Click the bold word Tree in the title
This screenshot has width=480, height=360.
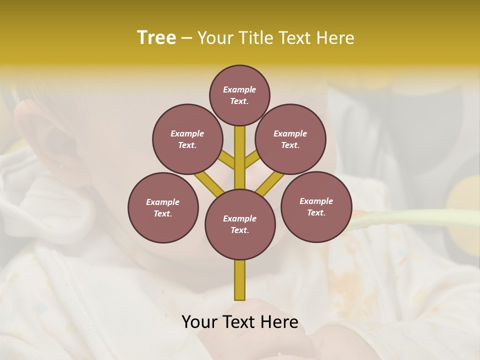[156, 37]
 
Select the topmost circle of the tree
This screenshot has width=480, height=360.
[239, 95]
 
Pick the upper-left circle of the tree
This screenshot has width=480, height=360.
[187, 139]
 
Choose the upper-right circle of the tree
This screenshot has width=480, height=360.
[290, 139]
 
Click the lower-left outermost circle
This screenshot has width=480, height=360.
[163, 207]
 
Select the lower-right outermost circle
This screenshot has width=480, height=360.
[316, 206]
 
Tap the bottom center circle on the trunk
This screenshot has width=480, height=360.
[240, 224]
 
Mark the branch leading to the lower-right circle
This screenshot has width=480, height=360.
[270, 183]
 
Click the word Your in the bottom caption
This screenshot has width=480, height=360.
[199, 321]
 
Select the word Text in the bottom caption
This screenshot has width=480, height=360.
[240, 321]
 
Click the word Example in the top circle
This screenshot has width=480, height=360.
[239, 90]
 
